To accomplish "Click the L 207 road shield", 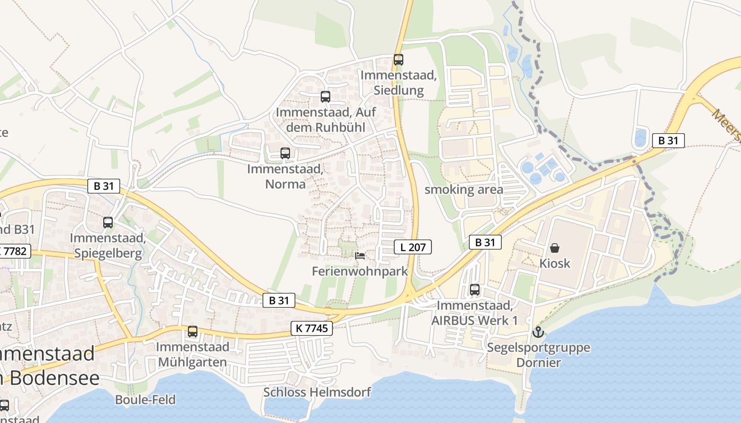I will [x=413, y=246].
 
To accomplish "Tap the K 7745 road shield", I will [x=311, y=328].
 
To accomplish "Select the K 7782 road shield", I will [x=15, y=251].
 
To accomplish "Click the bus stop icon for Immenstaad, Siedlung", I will [x=399, y=60].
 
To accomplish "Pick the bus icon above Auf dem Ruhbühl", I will [x=325, y=97].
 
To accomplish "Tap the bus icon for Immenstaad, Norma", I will [x=285, y=153].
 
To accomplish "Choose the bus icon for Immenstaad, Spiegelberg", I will [x=108, y=223].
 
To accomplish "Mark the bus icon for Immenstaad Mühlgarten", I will [x=193, y=332].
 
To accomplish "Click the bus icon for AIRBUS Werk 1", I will [x=475, y=290].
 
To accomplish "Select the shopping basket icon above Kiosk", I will [x=555, y=248].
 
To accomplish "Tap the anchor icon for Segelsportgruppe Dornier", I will [x=538, y=332].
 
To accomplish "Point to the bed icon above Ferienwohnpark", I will [x=360, y=256].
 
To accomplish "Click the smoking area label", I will [x=464, y=189].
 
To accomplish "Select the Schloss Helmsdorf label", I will [x=317, y=392].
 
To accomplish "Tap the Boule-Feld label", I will [x=145, y=400].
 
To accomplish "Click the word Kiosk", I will [x=555, y=263].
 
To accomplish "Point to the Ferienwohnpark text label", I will [x=360, y=271].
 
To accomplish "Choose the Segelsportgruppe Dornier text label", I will [x=538, y=355].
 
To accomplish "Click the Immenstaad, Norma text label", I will [x=285, y=177].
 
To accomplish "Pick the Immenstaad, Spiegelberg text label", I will [x=108, y=245].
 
